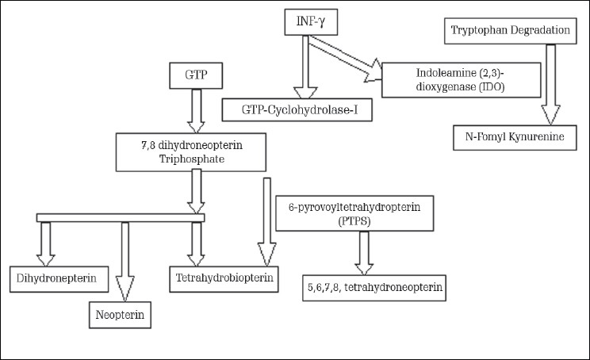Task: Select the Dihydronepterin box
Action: tap(53, 278)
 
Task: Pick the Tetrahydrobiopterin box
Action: tap(224, 278)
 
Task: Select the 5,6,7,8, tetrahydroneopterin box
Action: tap(375, 287)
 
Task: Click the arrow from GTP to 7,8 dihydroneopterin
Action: tap(195, 113)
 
